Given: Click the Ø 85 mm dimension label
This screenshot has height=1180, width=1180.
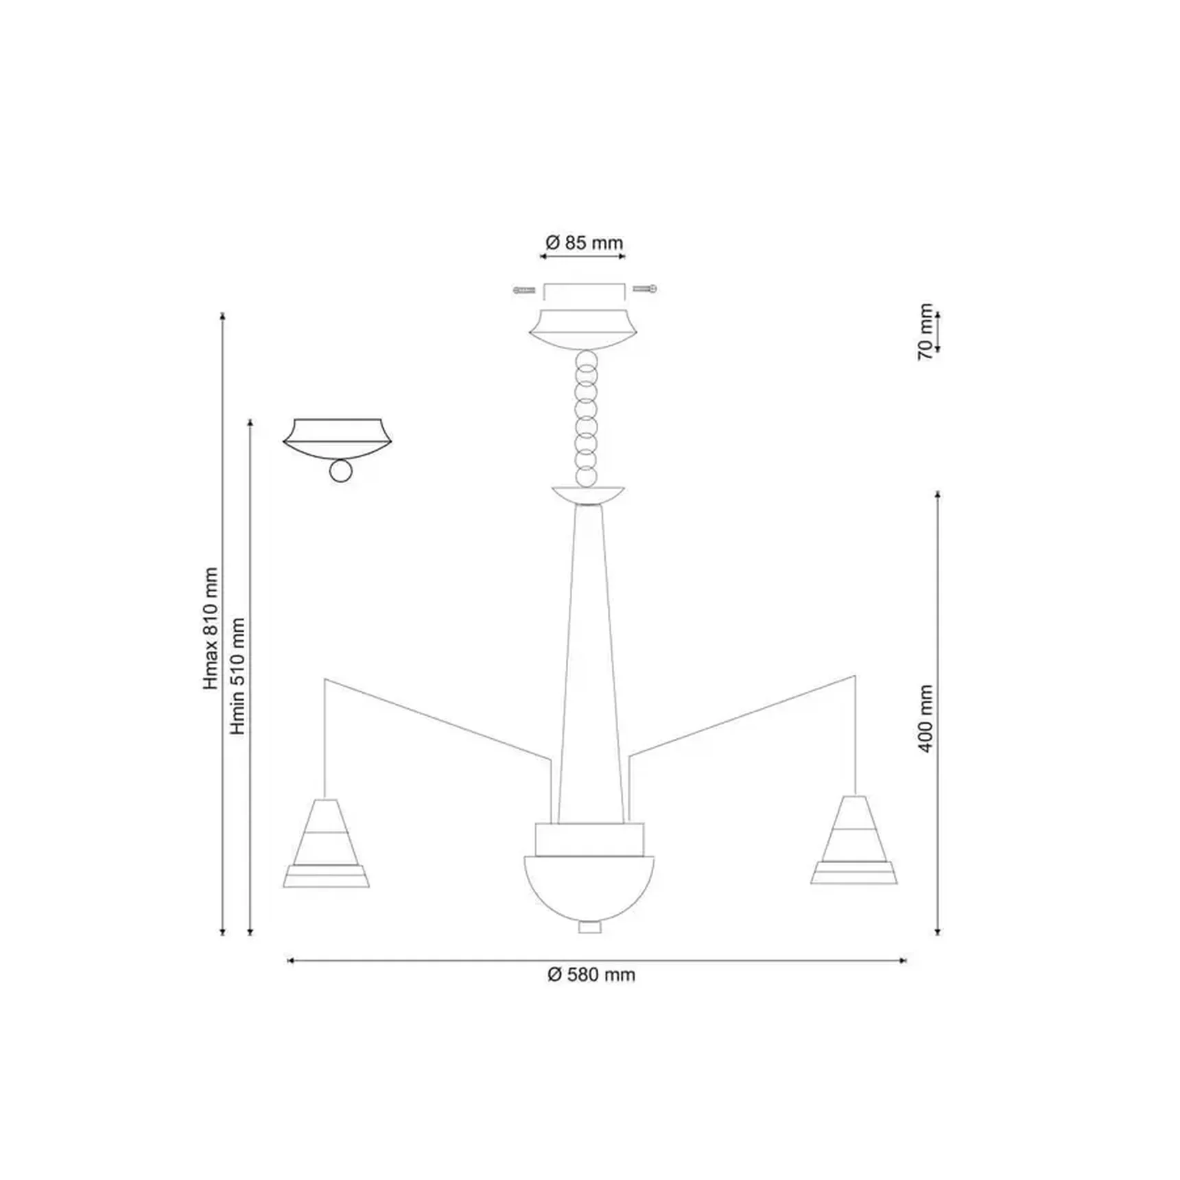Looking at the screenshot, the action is click(x=585, y=243).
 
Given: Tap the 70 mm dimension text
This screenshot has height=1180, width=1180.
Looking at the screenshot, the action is click(x=925, y=332).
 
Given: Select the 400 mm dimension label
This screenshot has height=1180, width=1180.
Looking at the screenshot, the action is click(x=925, y=718).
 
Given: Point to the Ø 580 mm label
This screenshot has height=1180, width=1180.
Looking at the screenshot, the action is click(x=591, y=975).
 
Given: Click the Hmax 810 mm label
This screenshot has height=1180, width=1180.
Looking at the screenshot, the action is click(x=211, y=628).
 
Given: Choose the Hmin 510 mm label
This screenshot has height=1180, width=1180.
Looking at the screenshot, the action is click(x=237, y=676).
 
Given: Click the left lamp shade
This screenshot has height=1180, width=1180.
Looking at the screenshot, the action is click(x=326, y=843).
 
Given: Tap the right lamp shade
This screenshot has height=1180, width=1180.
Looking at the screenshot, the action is click(x=854, y=840).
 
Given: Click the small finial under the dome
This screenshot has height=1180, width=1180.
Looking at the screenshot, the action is click(x=589, y=928).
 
